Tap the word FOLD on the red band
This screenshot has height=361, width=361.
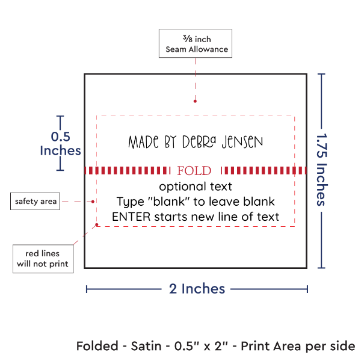195,170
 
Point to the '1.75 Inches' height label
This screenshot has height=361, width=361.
322,170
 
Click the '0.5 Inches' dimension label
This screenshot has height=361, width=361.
60,143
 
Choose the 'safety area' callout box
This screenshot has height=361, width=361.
35,202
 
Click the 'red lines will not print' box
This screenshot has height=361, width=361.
42,258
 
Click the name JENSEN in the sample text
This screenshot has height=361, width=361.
243,143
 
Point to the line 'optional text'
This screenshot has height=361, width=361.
196,187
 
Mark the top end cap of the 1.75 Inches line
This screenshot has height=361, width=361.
321,74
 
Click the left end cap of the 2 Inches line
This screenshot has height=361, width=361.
87,289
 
